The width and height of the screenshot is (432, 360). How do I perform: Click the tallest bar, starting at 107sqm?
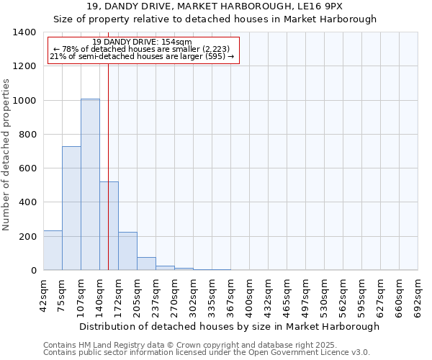pyautogui.click(x=90, y=184)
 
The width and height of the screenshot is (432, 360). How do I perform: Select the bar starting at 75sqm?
pyautogui.click(x=71, y=208)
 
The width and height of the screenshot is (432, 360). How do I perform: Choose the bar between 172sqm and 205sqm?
pyautogui.click(x=127, y=251)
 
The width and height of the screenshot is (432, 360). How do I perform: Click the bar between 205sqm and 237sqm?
pyautogui.click(x=146, y=264)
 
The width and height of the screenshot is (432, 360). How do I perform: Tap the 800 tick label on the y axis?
pyautogui.click(x=28, y=135)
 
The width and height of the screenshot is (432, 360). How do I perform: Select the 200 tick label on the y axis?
pyautogui.click(x=28, y=237)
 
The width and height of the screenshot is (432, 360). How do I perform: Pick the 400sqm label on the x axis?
pyautogui.click(x=249, y=295)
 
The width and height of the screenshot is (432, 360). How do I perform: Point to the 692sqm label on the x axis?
pyautogui.click(x=418, y=295)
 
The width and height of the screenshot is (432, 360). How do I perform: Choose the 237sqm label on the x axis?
pyautogui.click(x=156, y=295)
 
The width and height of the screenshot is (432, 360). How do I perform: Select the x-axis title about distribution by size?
pyautogui.click(x=229, y=326)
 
